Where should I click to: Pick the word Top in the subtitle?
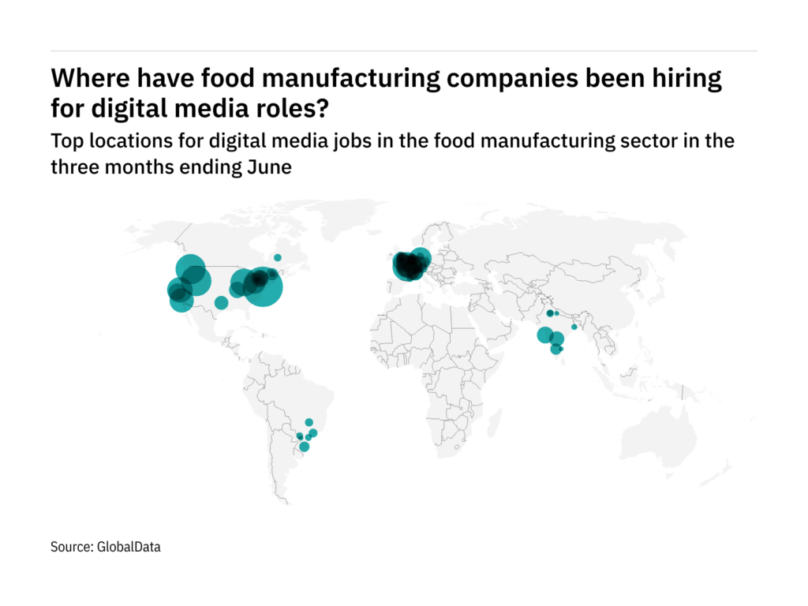[65, 142]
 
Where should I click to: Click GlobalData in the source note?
[129, 546]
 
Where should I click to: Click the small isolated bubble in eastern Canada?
[277, 257]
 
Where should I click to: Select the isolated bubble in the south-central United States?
[221, 303]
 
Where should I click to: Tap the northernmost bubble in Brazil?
[309, 422]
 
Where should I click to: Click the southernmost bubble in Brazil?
[304, 447]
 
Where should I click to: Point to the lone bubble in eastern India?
[574, 327]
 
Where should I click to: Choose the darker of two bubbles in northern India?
[550, 313]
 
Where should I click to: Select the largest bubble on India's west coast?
[545, 335]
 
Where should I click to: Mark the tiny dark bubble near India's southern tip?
[561, 350]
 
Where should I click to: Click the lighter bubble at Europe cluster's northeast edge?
[421, 257]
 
